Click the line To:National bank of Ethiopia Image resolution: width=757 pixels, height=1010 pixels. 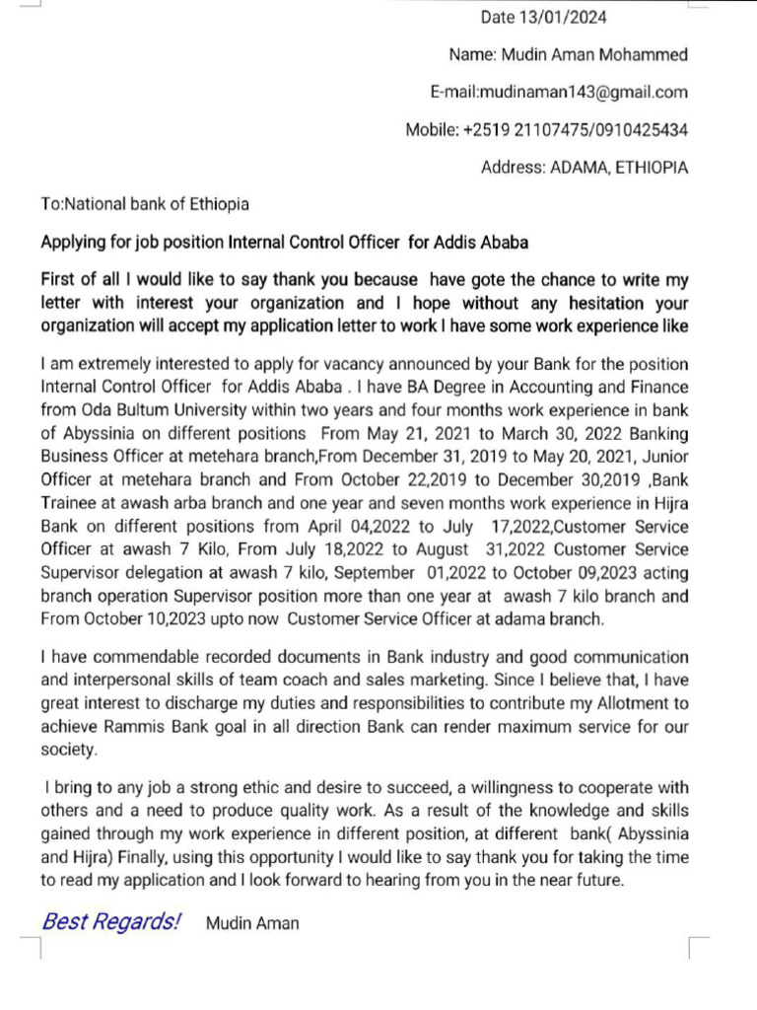(145, 205)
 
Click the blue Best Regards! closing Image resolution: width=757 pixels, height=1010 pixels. (111, 922)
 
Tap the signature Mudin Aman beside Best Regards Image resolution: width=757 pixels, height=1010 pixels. (252, 924)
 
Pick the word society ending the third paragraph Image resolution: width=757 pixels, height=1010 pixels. (69, 751)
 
